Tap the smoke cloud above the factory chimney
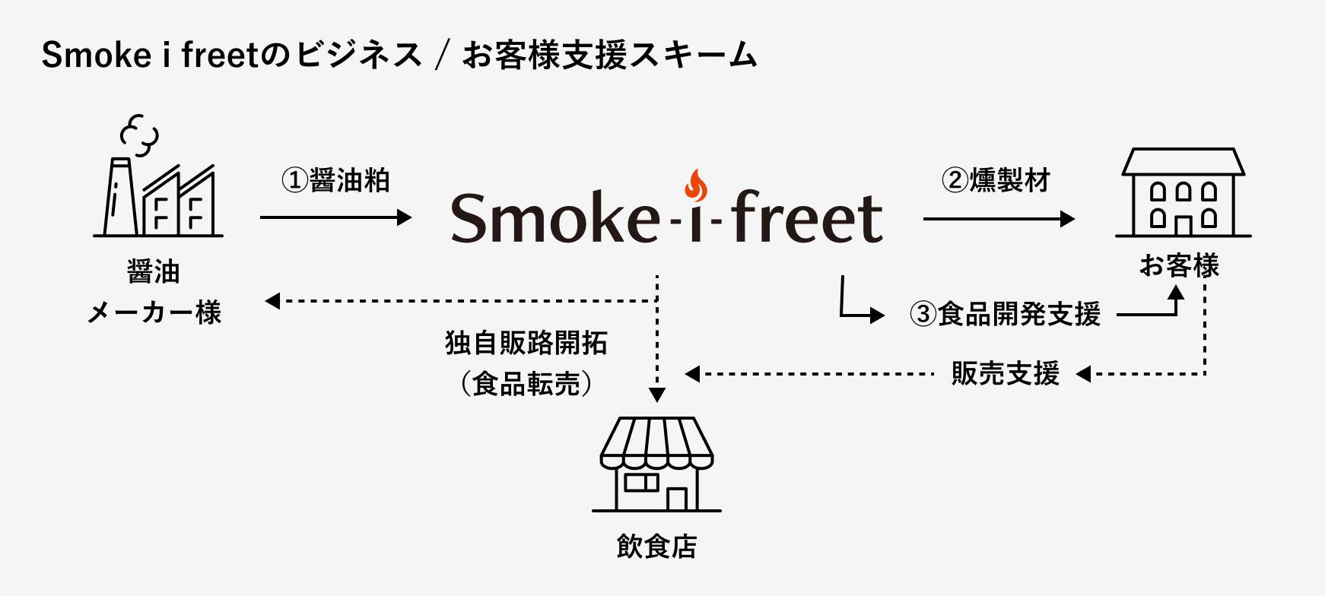pyautogui.click(x=140, y=134)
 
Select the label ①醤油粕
pyautogui.click(x=335, y=181)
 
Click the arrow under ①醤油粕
pyautogui.click(x=335, y=217)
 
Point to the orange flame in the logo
pyautogui.click(x=695, y=185)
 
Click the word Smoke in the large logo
pyautogui.click(x=554, y=218)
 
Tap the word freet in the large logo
pyautogui.click(x=806, y=218)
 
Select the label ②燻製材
pyautogui.click(x=996, y=181)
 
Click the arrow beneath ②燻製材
pyautogui.click(x=998, y=219)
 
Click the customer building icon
pyautogui.click(x=1183, y=193)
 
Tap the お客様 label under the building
pyautogui.click(x=1179, y=266)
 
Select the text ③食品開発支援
pyautogui.click(x=1006, y=314)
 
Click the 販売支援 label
pyautogui.click(x=1005, y=373)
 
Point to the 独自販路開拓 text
pyautogui.click(x=526, y=343)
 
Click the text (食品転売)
pyautogui.click(x=526, y=383)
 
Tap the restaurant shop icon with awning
pyautogui.click(x=656, y=464)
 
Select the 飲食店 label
pyautogui.click(x=656, y=546)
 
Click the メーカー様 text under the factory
pyautogui.click(x=154, y=312)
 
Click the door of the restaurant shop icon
pyautogui.click(x=676, y=499)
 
